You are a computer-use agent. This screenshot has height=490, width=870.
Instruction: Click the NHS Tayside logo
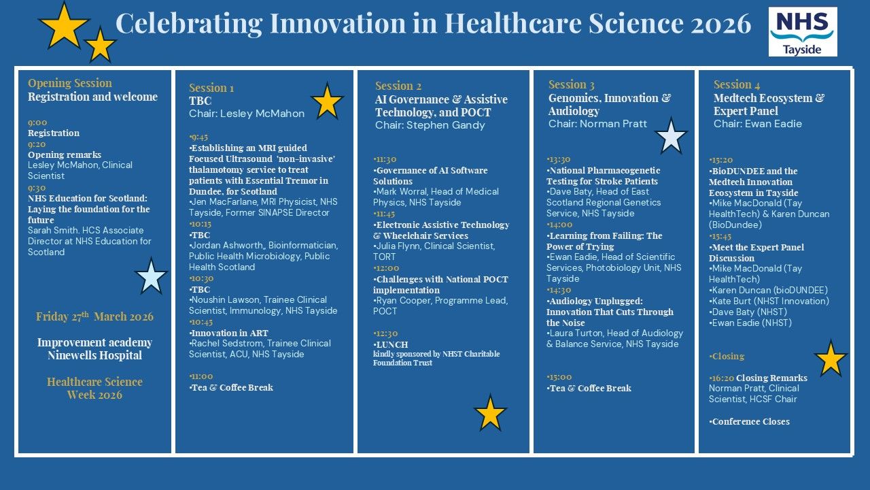click(x=803, y=31)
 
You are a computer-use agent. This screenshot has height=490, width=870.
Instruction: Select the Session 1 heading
click(x=211, y=88)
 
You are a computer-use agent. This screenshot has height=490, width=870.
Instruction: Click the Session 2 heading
click(x=398, y=86)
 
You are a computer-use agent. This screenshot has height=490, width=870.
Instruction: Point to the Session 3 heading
click(x=572, y=84)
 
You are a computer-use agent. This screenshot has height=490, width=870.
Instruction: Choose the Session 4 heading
click(x=736, y=84)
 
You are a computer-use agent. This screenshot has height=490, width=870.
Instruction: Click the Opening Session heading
click(x=70, y=83)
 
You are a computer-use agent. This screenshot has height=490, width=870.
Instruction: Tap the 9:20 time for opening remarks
click(x=37, y=144)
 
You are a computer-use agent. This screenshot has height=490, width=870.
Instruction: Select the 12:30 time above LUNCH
click(x=385, y=333)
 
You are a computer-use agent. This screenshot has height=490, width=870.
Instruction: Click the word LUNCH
click(x=392, y=344)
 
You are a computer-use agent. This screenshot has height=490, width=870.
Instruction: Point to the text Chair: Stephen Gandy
click(x=430, y=125)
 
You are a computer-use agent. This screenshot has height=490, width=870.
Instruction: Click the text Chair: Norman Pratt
click(x=597, y=124)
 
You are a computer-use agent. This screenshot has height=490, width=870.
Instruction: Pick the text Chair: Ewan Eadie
click(x=757, y=124)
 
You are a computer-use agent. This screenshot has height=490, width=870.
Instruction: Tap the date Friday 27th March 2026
click(x=94, y=316)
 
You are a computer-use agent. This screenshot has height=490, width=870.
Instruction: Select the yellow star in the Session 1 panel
click(x=328, y=102)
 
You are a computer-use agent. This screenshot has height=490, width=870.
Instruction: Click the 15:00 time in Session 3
click(x=559, y=377)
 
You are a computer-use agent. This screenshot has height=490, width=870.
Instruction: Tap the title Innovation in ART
click(x=230, y=333)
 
